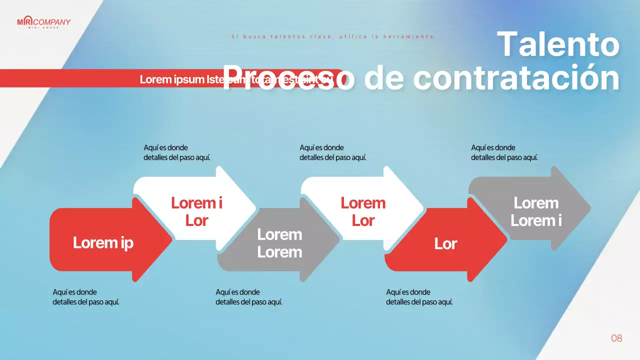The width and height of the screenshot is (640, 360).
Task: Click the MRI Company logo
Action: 43,22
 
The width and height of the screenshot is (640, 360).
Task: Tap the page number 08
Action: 616,338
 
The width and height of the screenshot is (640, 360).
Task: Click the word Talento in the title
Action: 558,44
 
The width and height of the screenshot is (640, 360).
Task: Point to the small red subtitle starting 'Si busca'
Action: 332,36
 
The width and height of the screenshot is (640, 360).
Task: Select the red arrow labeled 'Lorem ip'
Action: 103,242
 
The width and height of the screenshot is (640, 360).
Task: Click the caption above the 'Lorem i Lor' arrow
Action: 177,152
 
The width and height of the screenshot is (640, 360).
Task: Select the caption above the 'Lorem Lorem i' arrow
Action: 504,152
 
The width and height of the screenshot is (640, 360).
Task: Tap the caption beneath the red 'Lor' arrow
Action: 419,297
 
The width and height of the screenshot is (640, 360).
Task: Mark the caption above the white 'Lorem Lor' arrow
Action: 333,152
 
